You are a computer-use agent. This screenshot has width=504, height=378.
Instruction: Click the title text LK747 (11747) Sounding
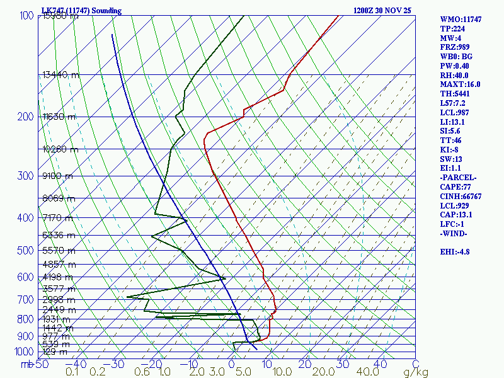pyautogui.click(x=81, y=11)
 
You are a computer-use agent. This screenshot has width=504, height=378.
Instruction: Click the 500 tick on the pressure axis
pyautogui.click(x=25, y=251)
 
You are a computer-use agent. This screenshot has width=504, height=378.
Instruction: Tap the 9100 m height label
pyautogui.click(x=57, y=176)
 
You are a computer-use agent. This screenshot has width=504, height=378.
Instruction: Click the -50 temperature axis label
pyautogui.click(x=40, y=364)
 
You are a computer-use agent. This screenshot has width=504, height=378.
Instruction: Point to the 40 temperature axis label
pyautogui.click(x=380, y=364)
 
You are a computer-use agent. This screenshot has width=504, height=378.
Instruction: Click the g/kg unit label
pyautogui.click(x=416, y=372)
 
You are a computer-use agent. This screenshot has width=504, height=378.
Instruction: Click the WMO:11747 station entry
pyautogui.click(x=461, y=20)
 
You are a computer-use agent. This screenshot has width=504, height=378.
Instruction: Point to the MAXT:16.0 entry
pyautogui.click(x=460, y=84)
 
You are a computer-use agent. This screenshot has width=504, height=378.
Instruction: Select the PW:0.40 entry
pyautogui.click(x=454, y=66)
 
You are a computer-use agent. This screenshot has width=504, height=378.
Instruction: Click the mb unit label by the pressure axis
pyautogui.click(x=25, y=364)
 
